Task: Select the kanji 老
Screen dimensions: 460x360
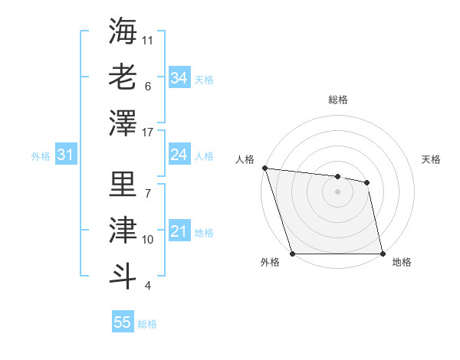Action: [x=123, y=77]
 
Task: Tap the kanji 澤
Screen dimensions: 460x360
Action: [x=123, y=123]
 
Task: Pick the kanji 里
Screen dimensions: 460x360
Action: [x=123, y=184]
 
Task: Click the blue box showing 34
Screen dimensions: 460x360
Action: [x=179, y=78]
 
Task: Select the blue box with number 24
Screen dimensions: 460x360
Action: [x=179, y=155]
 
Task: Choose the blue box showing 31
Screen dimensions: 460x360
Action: [x=65, y=155]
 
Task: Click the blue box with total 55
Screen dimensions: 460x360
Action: [x=123, y=322]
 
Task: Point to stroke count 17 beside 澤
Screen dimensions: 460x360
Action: [x=148, y=133]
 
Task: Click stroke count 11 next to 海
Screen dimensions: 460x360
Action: [x=148, y=39]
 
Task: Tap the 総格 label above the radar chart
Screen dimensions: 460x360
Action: [x=337, y=100]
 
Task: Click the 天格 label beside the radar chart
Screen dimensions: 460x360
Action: [x=431, y=159]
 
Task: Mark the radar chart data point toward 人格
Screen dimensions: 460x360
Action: [x=264, y=168]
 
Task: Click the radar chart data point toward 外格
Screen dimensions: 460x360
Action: [x=293, y=254]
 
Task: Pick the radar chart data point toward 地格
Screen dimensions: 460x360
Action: [x=383, y=254]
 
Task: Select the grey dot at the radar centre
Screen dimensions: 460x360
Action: [x=337, y=191]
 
